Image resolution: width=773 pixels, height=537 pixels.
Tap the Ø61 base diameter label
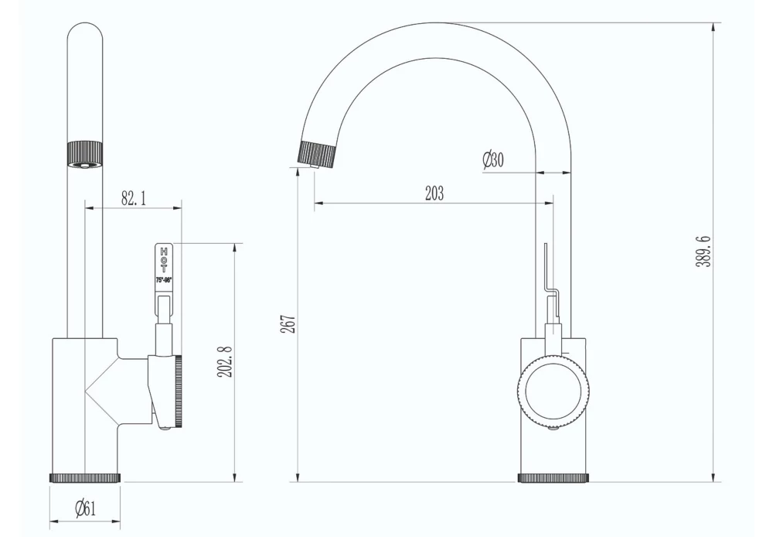85,508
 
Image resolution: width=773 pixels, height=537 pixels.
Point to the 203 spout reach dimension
434,193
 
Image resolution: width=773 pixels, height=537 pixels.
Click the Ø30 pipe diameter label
493,160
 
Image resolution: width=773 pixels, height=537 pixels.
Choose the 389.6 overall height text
703,252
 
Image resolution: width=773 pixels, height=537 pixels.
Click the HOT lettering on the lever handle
163,259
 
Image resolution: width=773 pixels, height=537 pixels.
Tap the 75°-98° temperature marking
163,280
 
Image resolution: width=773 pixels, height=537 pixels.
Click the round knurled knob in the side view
553,394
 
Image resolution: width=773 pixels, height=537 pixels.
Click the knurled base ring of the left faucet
85,477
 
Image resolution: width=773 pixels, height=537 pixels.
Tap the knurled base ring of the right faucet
553,477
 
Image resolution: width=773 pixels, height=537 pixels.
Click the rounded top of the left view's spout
85,31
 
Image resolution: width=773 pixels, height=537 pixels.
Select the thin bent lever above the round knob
546,271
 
